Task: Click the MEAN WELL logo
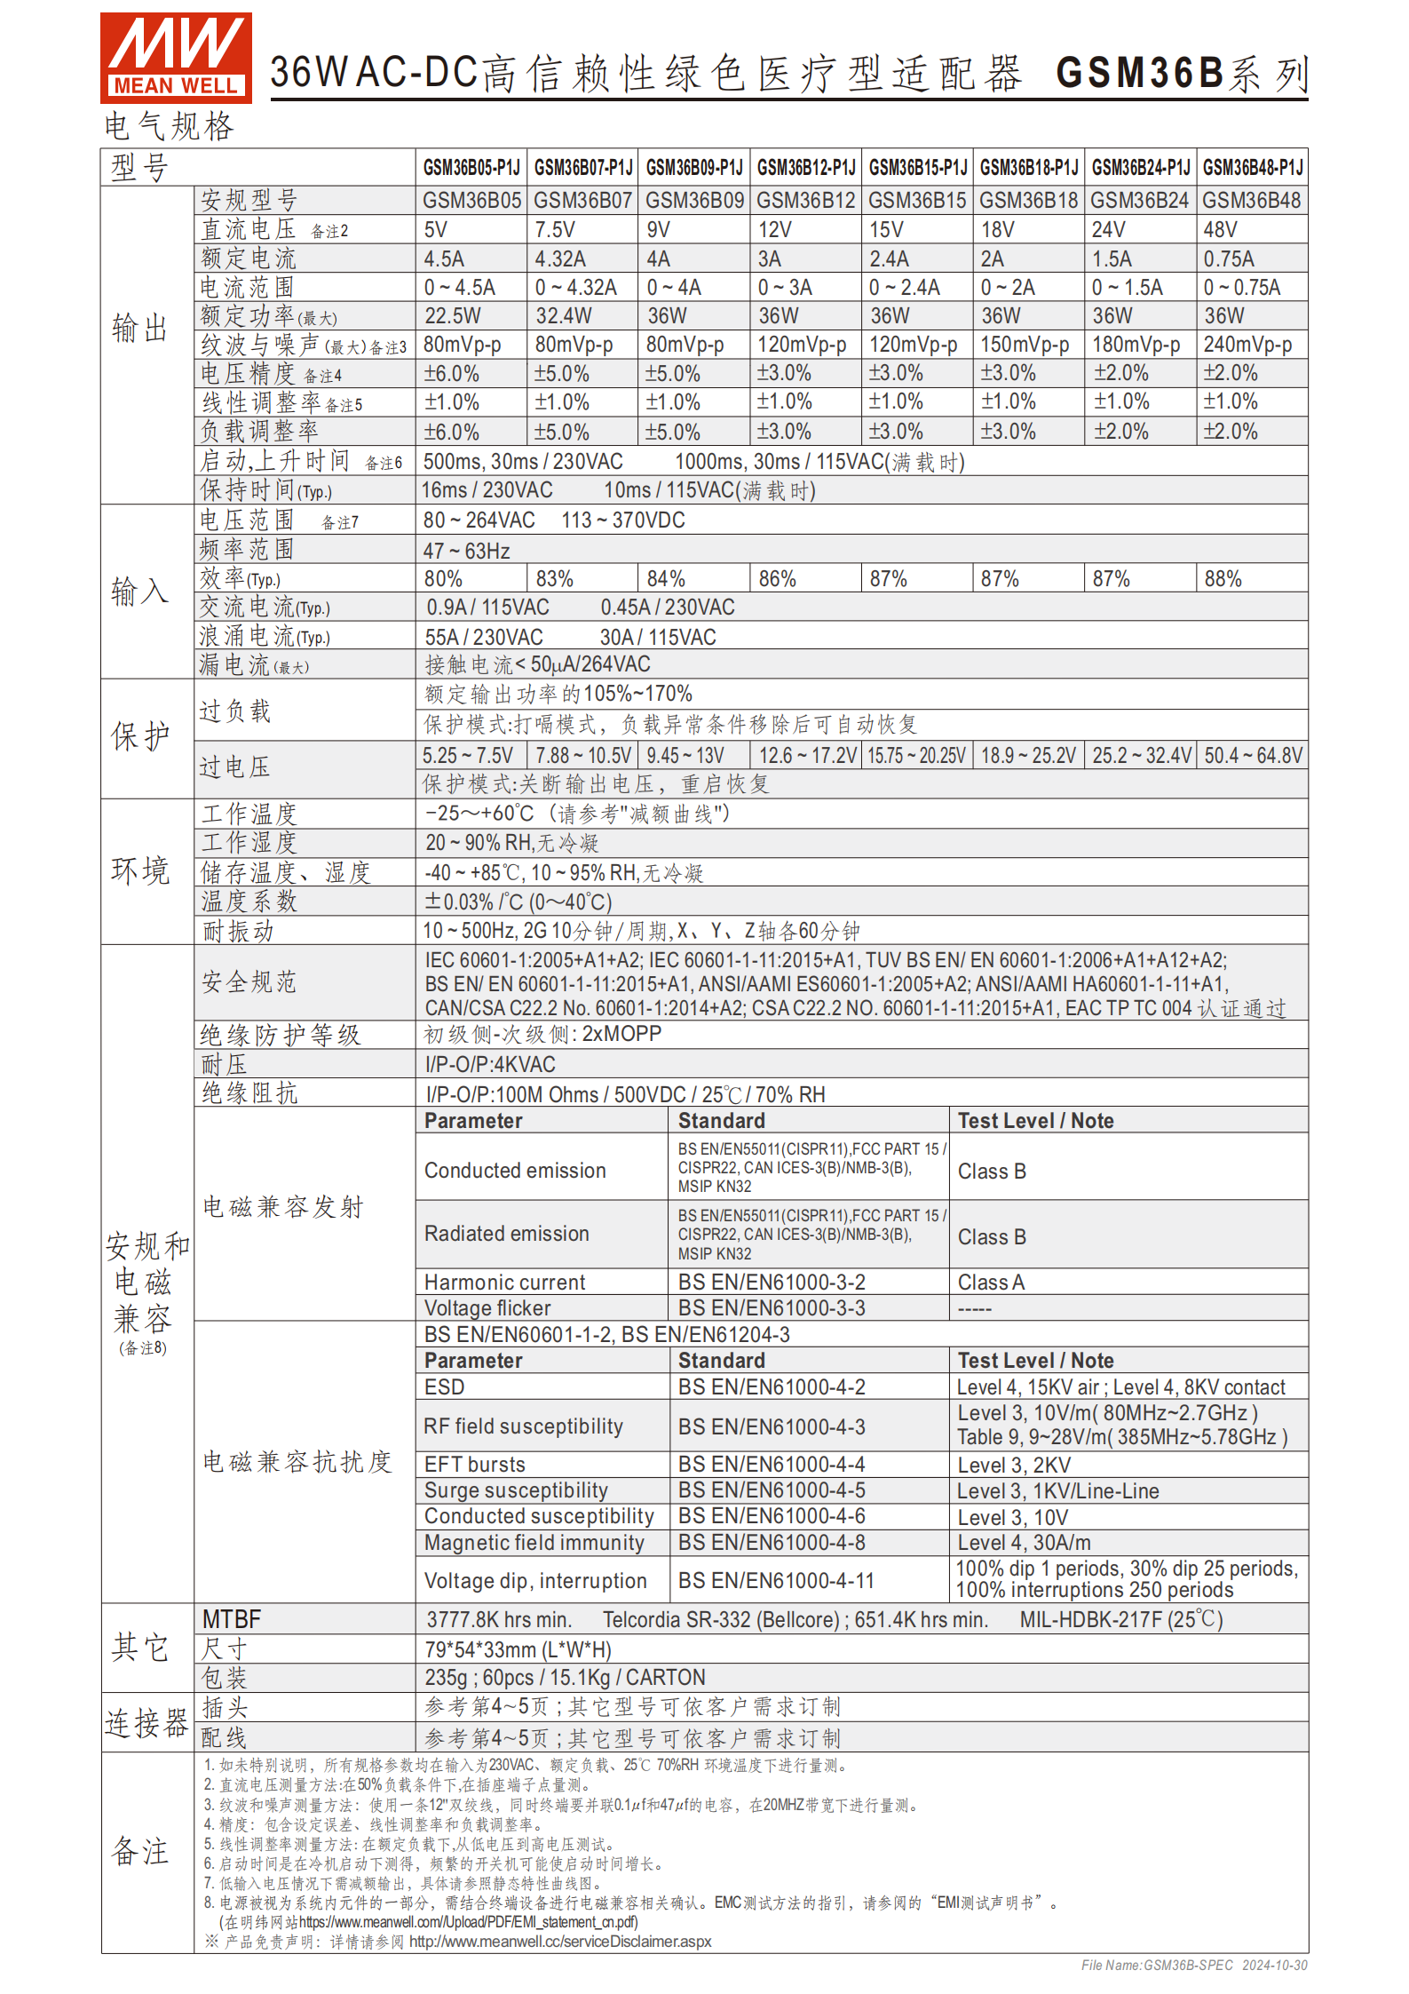click(176, 57)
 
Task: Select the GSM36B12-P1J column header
click(805, 167)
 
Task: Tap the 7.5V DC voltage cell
click(555, 230)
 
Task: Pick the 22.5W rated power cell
click(452, 316)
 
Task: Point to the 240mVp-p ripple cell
click(1247, 345)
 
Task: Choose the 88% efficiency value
click(1223, 579)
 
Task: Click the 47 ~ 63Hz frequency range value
click(466, 551)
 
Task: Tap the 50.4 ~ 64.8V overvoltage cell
click(1253, 756)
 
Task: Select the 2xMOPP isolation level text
click(621, 1034)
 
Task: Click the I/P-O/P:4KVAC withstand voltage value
click(490, 1064)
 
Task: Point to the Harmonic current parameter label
click(504, 1282)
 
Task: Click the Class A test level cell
click(991, 1282)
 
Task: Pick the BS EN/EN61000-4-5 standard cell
click(772, 1490)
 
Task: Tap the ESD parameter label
click(444, 1387)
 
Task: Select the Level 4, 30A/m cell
click(1024, 1543)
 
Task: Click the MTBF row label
click(232, 1619)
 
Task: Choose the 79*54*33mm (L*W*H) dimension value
click(518, 1649)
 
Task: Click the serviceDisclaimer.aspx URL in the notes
click(560, 1942)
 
